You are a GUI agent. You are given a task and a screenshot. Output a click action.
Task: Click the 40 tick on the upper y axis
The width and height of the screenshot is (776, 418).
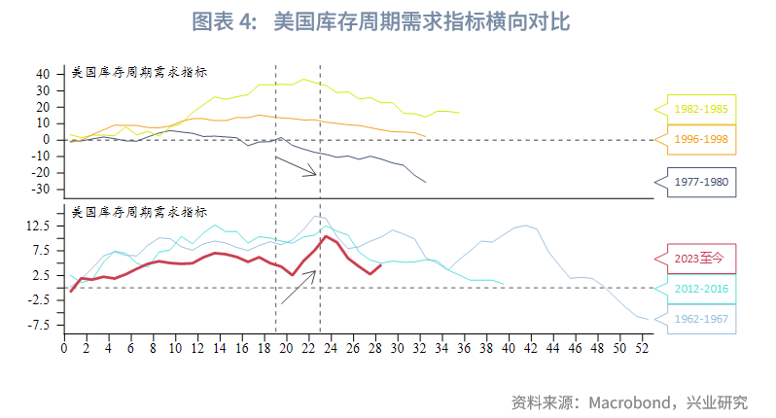point(42,74)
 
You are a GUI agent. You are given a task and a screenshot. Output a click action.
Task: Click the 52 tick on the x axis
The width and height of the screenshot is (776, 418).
point(642,347)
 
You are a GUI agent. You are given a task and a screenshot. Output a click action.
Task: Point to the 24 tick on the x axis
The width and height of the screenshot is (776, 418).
point(331,347)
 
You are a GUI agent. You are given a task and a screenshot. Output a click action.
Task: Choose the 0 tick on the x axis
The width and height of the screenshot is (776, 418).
point(64,347)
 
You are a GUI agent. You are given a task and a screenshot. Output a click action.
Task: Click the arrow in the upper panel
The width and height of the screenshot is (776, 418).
point(297,165)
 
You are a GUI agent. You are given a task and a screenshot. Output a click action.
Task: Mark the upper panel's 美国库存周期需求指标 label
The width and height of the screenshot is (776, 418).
point(139,73)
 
